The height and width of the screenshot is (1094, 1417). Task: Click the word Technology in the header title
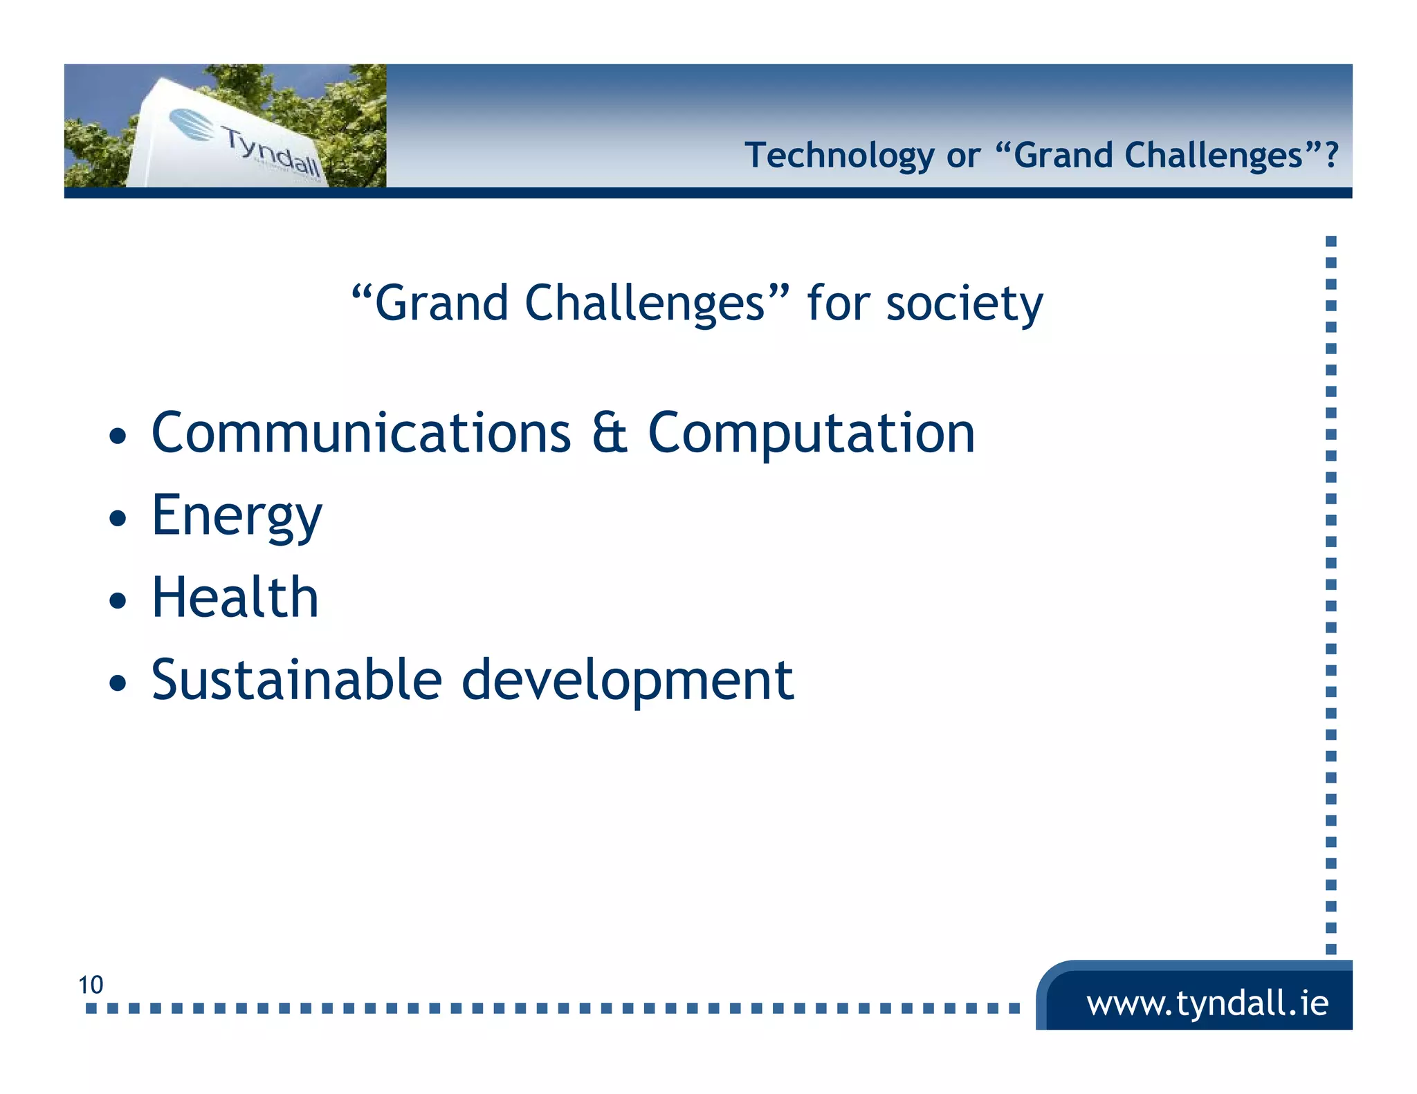(839, 156)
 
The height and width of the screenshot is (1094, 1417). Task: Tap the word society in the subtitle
(965, 304)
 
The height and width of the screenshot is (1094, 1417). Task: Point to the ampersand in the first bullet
(610, 433)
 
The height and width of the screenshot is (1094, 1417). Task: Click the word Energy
(237, 517)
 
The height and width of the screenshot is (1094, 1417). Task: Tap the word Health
(235, 597)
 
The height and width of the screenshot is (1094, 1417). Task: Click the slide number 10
(91, 985)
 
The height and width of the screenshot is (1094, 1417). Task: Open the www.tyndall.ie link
(1207, 1003)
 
